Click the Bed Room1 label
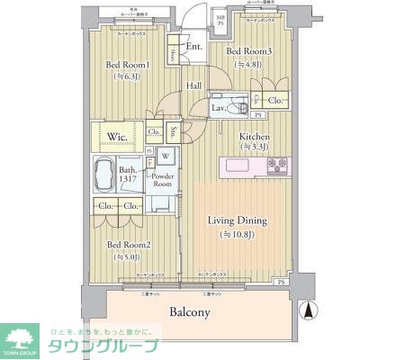(x=126, y=65)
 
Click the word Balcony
(x=190, y=312)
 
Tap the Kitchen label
(x=253, y=137)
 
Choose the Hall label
(x=193, y=85)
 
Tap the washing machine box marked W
(x=165, y=155)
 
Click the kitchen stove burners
(x=277, y=166)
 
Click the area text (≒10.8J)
(x=237, y=236)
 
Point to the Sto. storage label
(x=174, y=130)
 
